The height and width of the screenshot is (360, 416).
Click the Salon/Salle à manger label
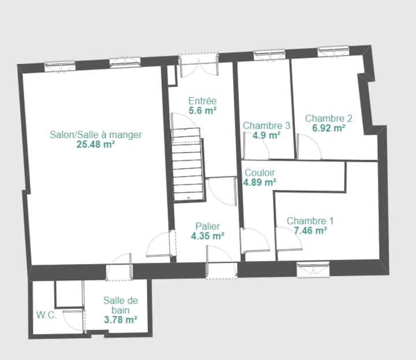coord(96,135)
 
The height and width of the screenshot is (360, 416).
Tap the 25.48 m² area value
coord(96,144)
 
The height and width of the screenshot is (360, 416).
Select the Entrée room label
coord(202,101)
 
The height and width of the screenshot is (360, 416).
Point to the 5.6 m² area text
coord(202,110)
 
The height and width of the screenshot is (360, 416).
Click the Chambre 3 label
coord(266,125)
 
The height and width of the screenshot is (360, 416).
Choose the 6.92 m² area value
coord(329,128)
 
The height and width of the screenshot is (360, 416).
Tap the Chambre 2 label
coord(329,118)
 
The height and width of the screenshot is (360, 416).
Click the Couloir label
coord(259,173)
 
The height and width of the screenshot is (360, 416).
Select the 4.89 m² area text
coord(260,183)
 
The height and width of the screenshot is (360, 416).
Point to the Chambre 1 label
coord(310,221)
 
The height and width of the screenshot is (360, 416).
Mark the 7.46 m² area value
coord(310,231)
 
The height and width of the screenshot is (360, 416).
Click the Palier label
coord(207,227)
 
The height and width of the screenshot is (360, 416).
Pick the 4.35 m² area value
coord(208,236)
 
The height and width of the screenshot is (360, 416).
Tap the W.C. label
coord(46,315)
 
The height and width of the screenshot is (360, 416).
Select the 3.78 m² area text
coord(120,320)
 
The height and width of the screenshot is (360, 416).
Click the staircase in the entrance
coord(188,165)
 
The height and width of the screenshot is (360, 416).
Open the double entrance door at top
coord(199,65)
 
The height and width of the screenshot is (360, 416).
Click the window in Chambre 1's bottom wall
coord(313,269)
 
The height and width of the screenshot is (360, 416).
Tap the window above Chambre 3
coord(269,55)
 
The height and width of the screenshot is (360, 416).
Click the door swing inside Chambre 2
coord(309,147)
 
